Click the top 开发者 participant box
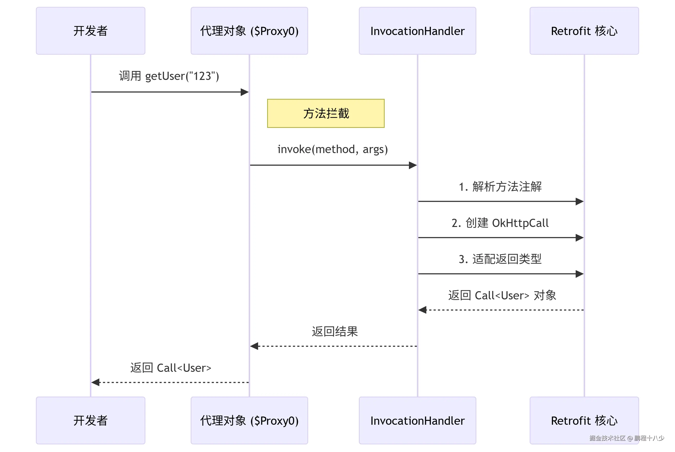point(90,31)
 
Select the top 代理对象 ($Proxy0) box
point(249,31)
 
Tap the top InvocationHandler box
point(417,31)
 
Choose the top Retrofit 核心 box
point(584,31)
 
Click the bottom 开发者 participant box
point(90,420)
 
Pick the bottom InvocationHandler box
point(417,420)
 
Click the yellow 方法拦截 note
point(326,113)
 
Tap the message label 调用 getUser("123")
point(169,76)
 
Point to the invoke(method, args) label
point(333,149)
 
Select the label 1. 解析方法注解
point(500,186)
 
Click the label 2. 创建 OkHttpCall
point(500,223)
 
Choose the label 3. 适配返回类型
point(500,259)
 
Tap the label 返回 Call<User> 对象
point(502,296)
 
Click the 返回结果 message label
point(335,332)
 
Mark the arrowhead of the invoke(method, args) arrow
point(413,165)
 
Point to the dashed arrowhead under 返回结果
point(254,346)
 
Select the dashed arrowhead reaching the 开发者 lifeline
point(95,382)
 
